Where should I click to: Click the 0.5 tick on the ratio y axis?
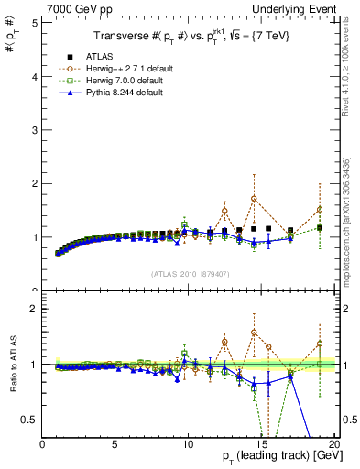pos(30,420)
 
